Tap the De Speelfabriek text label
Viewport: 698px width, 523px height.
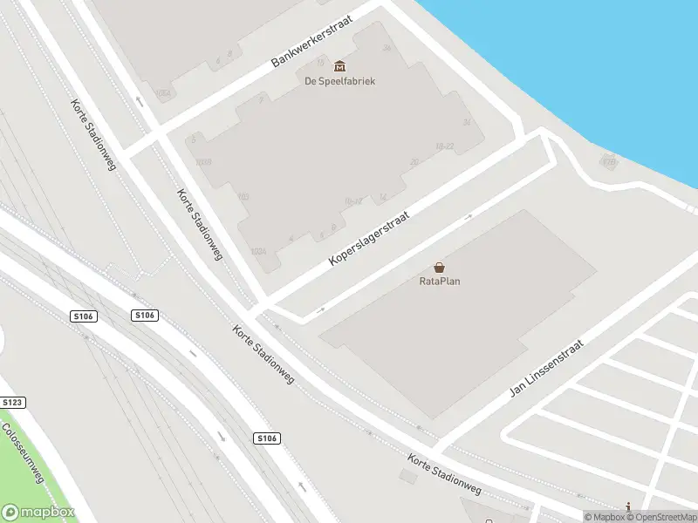(339, 82)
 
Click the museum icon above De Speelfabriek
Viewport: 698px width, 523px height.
(339, 66)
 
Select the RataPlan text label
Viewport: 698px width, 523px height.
(439, 282)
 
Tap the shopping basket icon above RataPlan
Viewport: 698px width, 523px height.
(439, 267)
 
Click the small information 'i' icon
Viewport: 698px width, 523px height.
(627, 506)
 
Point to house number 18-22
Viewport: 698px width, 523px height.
(445, 146)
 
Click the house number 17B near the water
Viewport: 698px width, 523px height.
(609, 160)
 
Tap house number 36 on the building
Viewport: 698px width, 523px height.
(386, 47)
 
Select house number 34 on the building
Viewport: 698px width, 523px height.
(468, 122)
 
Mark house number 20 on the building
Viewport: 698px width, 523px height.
(414, 161)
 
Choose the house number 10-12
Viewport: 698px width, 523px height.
(353, 201)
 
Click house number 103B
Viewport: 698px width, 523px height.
(203, 162)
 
